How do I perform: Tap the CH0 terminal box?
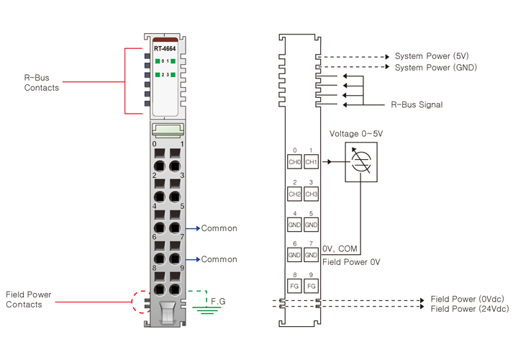[x=294, y=162]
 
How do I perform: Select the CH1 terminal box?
[x=311, y=162]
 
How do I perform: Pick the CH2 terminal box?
[x=294, y=194]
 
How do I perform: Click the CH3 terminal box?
[x=311, y=194]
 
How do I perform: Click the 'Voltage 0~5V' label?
[x=356, y=134]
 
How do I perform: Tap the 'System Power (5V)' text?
[x=432, y=56]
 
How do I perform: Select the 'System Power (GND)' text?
[x=436, y=68]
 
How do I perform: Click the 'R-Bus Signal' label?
[x=417, y=104]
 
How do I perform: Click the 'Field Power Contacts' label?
[x=29, y=300]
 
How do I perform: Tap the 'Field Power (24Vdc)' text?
[x=468, y=309]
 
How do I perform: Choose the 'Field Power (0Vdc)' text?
[x=466, y=298]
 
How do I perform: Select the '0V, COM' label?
[x=340, y=247]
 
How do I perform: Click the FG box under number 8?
[x=294, y=286]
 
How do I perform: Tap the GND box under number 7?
[x=311, y=255]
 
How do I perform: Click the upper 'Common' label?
[x=219, y=228]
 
